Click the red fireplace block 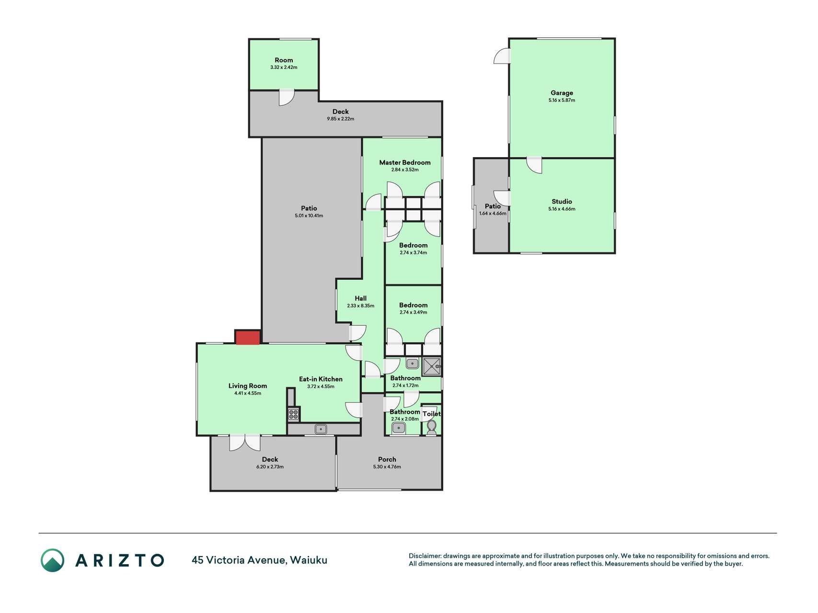click(248, 337)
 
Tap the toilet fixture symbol click(431, 427)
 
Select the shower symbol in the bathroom click(431, 366)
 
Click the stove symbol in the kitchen click(293, 414)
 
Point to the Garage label click(562, 93)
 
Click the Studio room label click(562, 202)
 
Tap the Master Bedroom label click(405, 162)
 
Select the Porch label click(387, 459)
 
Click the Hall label click(361, 298)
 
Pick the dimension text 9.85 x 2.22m click(341, 119)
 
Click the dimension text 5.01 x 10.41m click(309, 216)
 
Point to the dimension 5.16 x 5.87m click(562, 100)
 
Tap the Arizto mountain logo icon click(52, 560)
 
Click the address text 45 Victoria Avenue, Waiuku click(260, 560)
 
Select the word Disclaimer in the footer click(425, 556)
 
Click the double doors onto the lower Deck click(245, 443)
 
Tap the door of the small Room click(286, 98)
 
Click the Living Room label click(248, 386)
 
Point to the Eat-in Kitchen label click(321, 379)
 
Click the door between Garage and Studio click(534, 165)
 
